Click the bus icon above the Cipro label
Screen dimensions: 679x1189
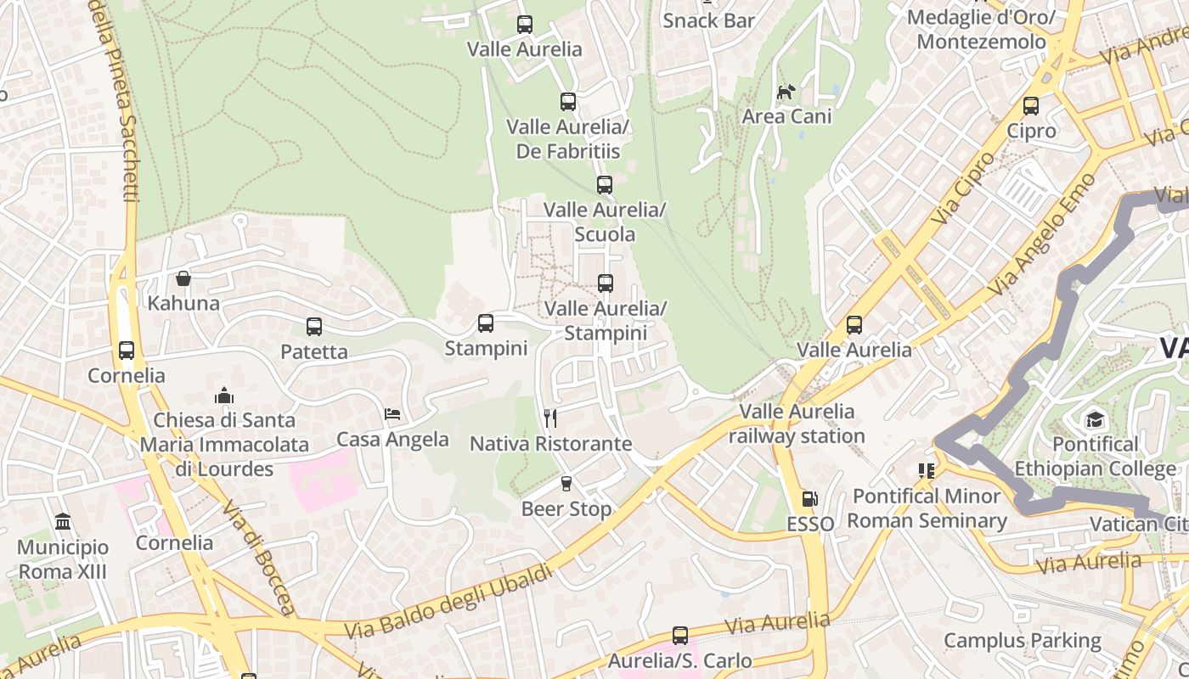click(1030, 106)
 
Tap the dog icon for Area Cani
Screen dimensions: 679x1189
click(786, 91)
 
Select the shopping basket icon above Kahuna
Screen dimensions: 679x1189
click(183, 278)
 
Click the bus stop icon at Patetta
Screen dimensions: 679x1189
click(313, 327)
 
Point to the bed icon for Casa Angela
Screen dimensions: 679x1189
click(392, 414)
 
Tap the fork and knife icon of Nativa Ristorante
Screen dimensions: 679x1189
click(550, 418)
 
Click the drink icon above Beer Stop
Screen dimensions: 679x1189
click(566, 484)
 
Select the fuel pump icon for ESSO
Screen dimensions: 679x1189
click(809, 499)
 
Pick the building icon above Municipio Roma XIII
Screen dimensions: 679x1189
click(62, 521)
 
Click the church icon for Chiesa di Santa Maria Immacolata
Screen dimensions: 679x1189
click(224, 396)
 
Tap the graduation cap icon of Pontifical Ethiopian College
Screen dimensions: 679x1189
click(1095, 419)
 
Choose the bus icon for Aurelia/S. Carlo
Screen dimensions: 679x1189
click(679, 635)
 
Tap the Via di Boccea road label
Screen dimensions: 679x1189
click(259, 557)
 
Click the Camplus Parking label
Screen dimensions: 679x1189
click(1022, 640)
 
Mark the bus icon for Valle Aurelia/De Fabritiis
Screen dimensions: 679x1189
click(568, 102)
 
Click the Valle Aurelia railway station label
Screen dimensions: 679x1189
click(797, 424)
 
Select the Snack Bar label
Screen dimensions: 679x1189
click(708, 20)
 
